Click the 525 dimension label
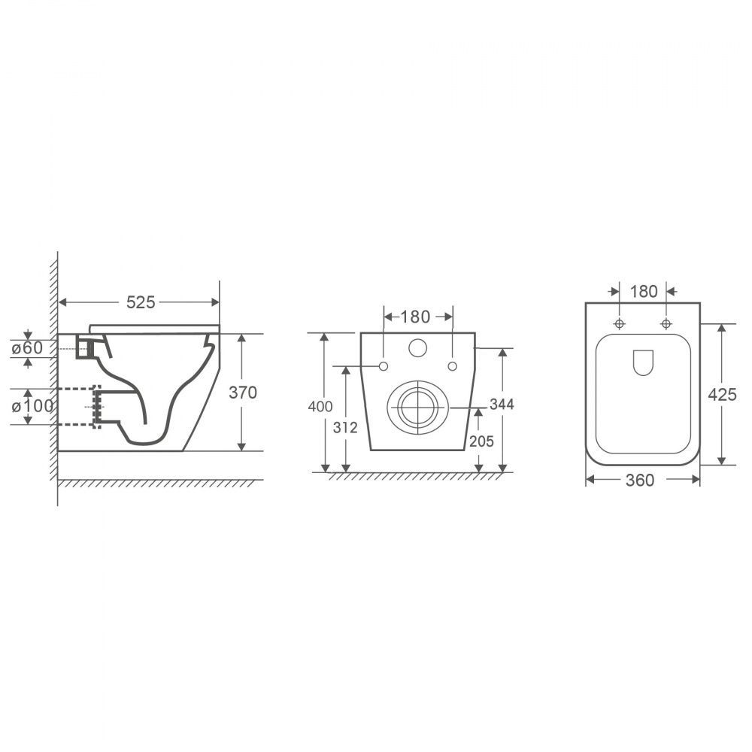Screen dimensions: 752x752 click(x=141, y=302)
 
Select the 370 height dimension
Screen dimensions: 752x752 click(x=243, y=393)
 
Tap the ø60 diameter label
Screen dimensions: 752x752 click(x=27, y=347)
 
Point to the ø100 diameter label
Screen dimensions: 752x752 click(x=32, y=406)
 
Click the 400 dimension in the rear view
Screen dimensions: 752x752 click(x=320, y=406)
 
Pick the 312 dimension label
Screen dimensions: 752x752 click(x=345, y=427)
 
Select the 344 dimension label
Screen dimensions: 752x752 click(x=502, y=405)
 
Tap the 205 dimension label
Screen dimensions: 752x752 click(x=481, y=441)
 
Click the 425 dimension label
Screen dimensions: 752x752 click(x=722, y=394)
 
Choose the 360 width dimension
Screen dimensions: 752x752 click(x=640, y=480)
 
